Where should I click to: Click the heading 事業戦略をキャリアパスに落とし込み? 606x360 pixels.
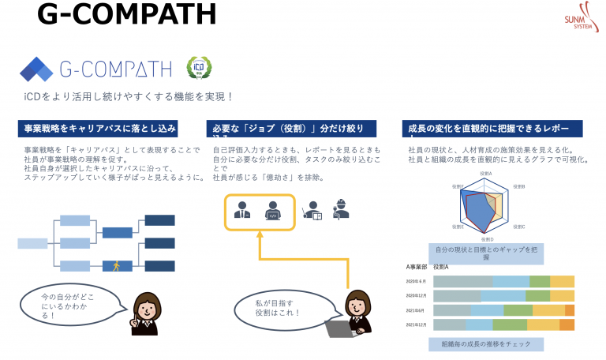(x=98, y=129)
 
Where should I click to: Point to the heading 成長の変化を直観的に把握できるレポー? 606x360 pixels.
(x=493, y=129)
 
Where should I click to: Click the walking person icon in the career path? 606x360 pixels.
(x=117, y=265)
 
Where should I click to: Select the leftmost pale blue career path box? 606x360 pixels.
(x=33, y=243)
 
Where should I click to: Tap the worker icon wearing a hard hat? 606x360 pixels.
(x=341, y=209)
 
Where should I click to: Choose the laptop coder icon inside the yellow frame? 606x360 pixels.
(x=272, y=209)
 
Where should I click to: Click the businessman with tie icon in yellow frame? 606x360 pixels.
(x=241, y=209)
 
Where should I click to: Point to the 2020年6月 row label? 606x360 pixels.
(x=417, y=282)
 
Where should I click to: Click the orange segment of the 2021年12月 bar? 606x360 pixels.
(x=567, y=324)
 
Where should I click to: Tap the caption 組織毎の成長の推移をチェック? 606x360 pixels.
(x=485, y=344)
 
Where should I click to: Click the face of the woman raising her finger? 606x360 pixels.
(x=150, y=305)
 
